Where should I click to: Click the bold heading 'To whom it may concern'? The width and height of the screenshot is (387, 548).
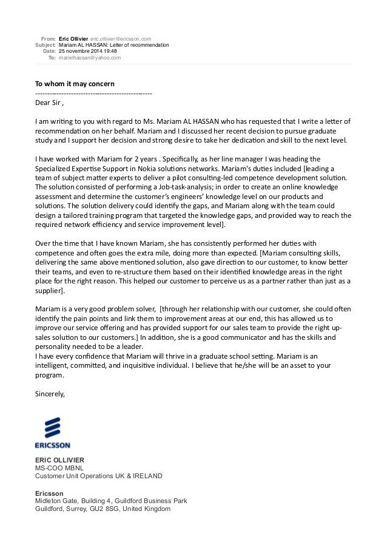pos(75,83)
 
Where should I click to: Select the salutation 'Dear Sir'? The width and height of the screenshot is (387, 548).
pos(47,103)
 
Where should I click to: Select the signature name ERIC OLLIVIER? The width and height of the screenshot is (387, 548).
pos(59,459)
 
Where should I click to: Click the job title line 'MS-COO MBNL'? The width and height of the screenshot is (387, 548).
pos(58,467)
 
